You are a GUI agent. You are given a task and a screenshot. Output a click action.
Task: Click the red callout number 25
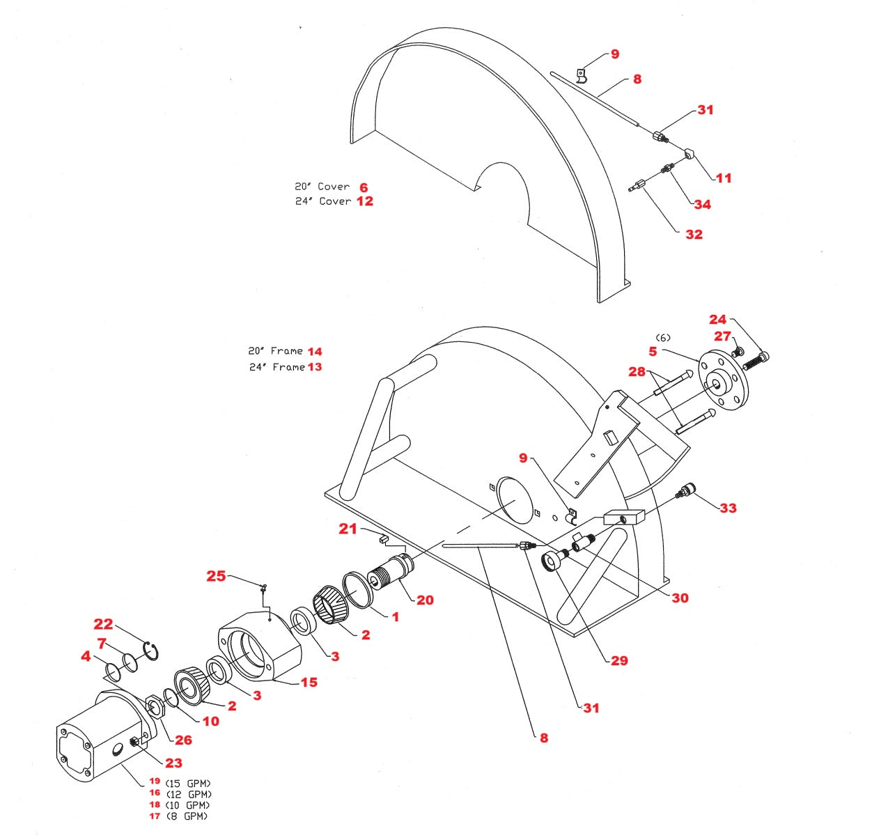216,575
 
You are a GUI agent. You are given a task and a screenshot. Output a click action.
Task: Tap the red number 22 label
103,624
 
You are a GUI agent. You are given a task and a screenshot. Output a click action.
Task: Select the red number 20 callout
425,600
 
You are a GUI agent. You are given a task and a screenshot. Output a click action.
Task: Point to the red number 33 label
728,508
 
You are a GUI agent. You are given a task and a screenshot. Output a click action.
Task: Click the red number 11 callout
724,178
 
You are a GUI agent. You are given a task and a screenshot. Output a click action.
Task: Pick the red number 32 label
694,234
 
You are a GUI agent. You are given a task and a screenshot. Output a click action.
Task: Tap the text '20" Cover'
322,187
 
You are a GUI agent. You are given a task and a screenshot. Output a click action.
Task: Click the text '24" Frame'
277,367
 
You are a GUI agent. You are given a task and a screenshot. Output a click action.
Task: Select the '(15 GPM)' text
188,784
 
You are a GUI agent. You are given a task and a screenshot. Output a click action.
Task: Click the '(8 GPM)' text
187,816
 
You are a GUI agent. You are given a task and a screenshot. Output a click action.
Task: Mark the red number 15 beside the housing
309,682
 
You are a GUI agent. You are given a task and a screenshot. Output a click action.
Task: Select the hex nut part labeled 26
156,709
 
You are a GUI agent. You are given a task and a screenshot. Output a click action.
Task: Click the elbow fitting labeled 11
688,153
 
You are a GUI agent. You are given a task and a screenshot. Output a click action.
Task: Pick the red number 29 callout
618,660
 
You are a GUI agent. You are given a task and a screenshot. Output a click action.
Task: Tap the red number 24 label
717,319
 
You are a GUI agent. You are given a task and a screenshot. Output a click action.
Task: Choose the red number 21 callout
348,529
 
